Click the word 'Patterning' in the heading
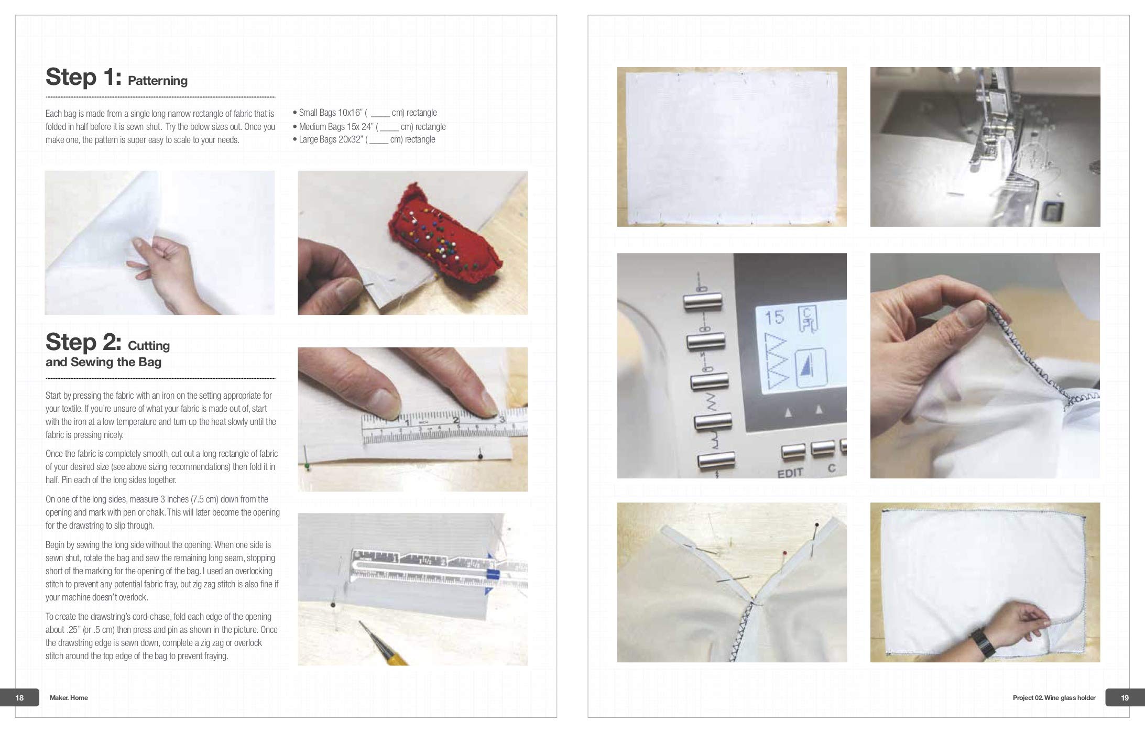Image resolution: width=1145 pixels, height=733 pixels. point(157,81)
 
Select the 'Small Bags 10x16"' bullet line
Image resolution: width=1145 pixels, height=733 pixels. point(367,113)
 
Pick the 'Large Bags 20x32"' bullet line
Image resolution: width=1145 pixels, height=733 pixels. point(366,139)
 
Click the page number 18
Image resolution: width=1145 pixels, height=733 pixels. point(20,697)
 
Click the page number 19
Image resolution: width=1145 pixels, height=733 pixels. point(1125,697)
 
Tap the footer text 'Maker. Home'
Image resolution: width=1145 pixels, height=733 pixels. point(69,697)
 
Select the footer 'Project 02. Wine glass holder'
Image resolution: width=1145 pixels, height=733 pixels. point(1054,697)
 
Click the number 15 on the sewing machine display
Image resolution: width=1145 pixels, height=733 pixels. point(775,318)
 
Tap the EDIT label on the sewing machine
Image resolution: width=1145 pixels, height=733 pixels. point(790,473)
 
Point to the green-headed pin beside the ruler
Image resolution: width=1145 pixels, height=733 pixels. point(307,465)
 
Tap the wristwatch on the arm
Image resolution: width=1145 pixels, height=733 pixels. point(979,640)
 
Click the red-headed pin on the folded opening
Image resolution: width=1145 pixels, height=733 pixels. point(784,553)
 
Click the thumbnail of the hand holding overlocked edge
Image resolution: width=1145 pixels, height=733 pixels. point(985,365)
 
